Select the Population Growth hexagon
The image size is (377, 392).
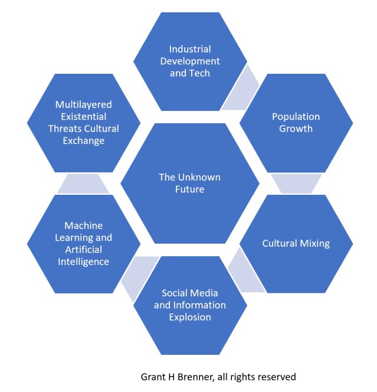tap(296, 122)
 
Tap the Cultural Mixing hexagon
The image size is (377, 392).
tap(296, 243)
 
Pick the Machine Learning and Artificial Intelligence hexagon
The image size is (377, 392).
tap(83, 243)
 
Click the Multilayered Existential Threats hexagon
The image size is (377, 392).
tap(83, 122)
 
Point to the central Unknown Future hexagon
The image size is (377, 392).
tap(190, 183)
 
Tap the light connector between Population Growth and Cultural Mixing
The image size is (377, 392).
tap(296, 184)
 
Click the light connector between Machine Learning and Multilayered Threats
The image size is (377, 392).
tap(83, 184)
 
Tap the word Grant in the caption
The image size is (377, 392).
tap(153, 376)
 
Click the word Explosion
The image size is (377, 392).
tap(190, 317)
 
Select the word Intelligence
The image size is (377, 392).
tap(83, 261)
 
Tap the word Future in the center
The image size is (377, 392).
tap(190, 190)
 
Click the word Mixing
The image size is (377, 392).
tap(313, 243)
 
